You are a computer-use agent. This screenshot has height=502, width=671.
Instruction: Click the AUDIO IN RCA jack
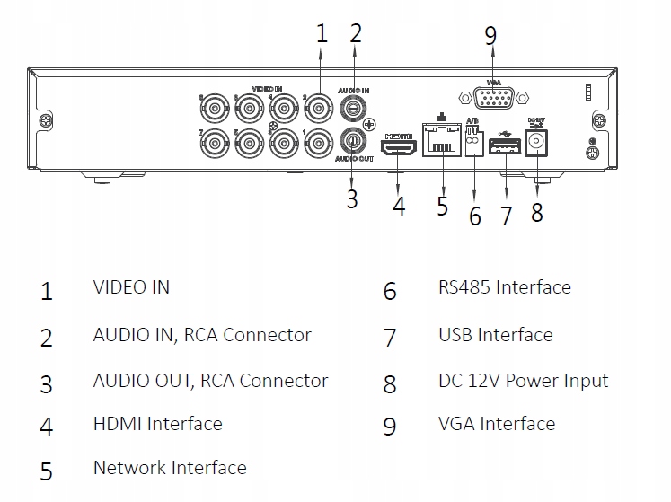click(x=354, y=110)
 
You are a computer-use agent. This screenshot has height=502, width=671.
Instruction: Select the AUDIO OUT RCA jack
click(x=354, y=141)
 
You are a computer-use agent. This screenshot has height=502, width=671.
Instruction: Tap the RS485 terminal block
click(x=474, y=140)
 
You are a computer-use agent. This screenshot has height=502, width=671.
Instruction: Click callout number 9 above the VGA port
click(x=490, y=36)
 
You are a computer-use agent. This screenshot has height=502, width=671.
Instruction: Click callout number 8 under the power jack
click(x=537, y=212)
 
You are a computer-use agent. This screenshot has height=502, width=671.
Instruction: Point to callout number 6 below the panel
click(x=475, y=216)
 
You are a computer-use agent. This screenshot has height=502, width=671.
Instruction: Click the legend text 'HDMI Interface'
click(x=157, y=423)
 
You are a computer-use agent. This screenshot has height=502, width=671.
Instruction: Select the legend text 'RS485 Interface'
click(x=504, y=287)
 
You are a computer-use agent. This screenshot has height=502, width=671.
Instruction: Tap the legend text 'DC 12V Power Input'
click(x=523, y=380)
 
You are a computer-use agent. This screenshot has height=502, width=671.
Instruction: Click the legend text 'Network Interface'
click(x=169, y=468)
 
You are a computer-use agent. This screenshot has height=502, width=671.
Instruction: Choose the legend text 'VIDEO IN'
click(x=131, y=287)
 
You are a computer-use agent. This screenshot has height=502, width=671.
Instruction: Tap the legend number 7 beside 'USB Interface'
click(x=389, y=338)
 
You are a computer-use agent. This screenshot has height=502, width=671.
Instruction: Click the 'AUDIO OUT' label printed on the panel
click(x=355, y=159)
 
